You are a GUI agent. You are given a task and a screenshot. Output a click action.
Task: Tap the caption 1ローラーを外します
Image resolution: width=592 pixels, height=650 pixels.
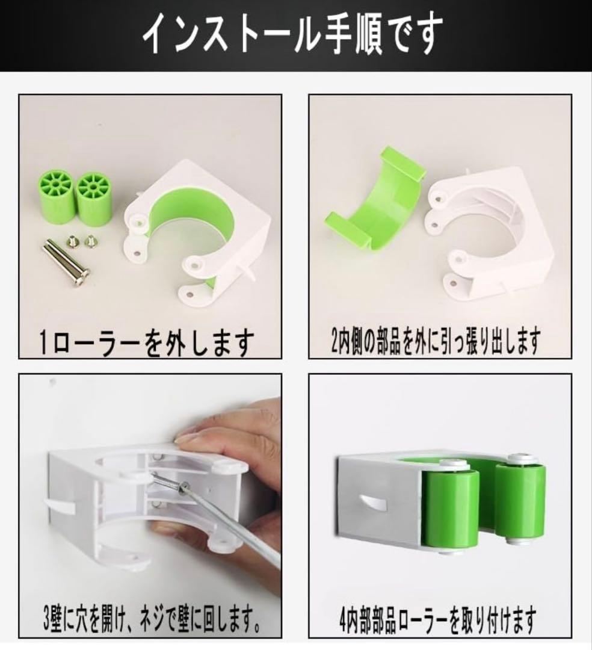click(145, 343)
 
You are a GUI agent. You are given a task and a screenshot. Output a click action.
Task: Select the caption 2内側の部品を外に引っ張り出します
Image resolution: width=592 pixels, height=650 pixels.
click(436, 342)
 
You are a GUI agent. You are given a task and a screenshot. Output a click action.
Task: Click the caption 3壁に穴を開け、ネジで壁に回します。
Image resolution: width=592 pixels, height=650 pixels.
click(153, 622)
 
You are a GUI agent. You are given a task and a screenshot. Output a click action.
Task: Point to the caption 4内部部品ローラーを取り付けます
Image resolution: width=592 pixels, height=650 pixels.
click(437, 620)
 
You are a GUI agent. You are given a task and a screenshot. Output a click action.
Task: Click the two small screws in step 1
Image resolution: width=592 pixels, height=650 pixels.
click(82, 241)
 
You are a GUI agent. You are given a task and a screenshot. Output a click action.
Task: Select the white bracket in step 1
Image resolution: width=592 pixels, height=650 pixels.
click(199, 235)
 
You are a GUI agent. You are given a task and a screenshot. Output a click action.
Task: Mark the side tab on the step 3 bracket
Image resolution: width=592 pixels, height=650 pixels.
click(60, 506)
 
